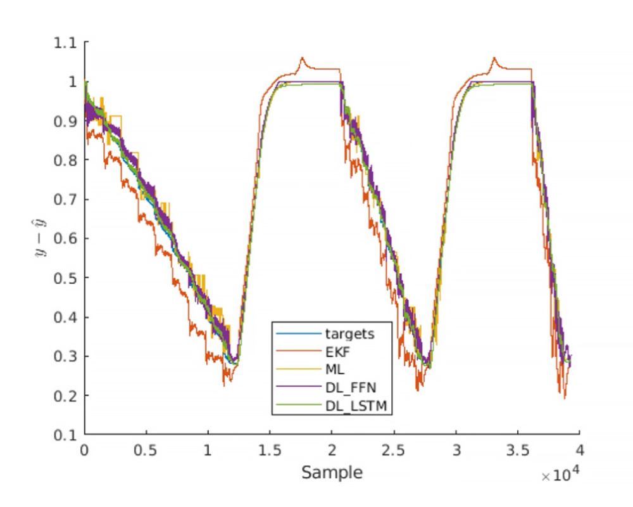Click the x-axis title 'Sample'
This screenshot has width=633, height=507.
coord(332,472)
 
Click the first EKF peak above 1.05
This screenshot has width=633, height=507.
coord(303,58)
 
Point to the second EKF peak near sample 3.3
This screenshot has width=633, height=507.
coord(494,58)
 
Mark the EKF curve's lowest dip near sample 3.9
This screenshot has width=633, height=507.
coord(565,397)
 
